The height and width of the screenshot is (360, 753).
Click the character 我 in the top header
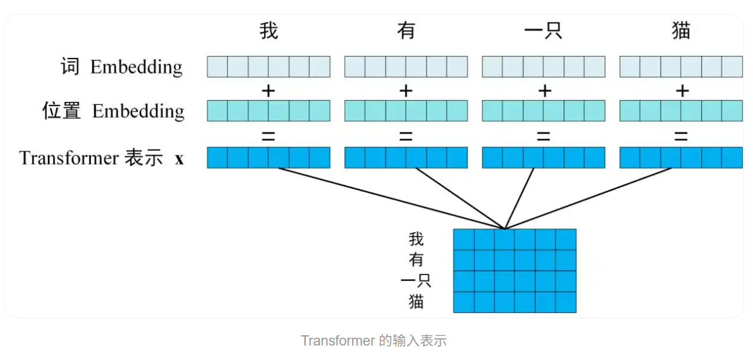pos(268,30)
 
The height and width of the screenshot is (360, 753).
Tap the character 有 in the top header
pos(406,30)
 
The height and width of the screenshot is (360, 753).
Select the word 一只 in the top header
pos(543,30)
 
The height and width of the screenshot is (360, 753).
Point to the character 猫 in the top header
pos(681,30)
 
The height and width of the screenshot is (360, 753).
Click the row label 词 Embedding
pos(121,66)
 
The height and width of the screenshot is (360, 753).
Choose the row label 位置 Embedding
pos(113,111)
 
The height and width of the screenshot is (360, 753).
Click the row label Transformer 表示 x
pos(101,158)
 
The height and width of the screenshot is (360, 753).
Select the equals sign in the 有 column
pos(406,137)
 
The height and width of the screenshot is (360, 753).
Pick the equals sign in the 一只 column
pos(543,137)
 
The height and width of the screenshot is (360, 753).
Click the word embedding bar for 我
pos(268,66)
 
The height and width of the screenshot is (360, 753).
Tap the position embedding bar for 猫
pos(681,111)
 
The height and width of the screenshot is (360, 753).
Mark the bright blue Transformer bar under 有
pos(406,157)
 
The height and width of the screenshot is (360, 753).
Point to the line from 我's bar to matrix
pos(392,199)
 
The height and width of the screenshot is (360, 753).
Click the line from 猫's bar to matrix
pos(588,199)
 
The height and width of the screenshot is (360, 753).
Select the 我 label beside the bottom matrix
pos(416,239)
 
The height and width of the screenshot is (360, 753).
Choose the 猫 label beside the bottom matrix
pos(416,302)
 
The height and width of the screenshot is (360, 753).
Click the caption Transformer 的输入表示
pos(374,341)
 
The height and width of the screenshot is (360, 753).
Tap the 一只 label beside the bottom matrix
pos(416,280)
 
